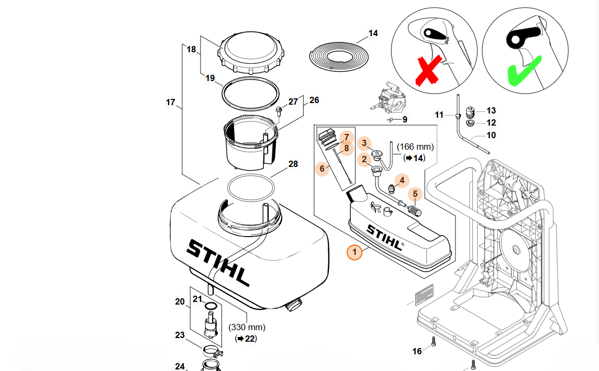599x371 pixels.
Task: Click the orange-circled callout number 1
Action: [x=354, y=253]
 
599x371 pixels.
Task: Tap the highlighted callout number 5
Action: [x=414, y=195]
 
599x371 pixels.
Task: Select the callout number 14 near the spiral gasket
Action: [x=373, y=33]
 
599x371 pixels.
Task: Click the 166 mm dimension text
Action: [x=415, y=147]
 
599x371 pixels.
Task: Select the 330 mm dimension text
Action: [x=247, y=328]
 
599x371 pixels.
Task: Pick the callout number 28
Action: [x=293, y=164]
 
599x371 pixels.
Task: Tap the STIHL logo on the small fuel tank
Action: [x=384, y=237]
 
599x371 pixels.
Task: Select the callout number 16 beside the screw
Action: [x=417, y=351]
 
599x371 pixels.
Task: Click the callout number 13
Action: [x=491, y=110]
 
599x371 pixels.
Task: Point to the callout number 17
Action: [x=171, y=102]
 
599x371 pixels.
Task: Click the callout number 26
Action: [x=314, y=99]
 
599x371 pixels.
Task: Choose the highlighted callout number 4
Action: [x=402, y=181]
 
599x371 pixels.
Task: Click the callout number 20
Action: [x=180, y=301]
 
